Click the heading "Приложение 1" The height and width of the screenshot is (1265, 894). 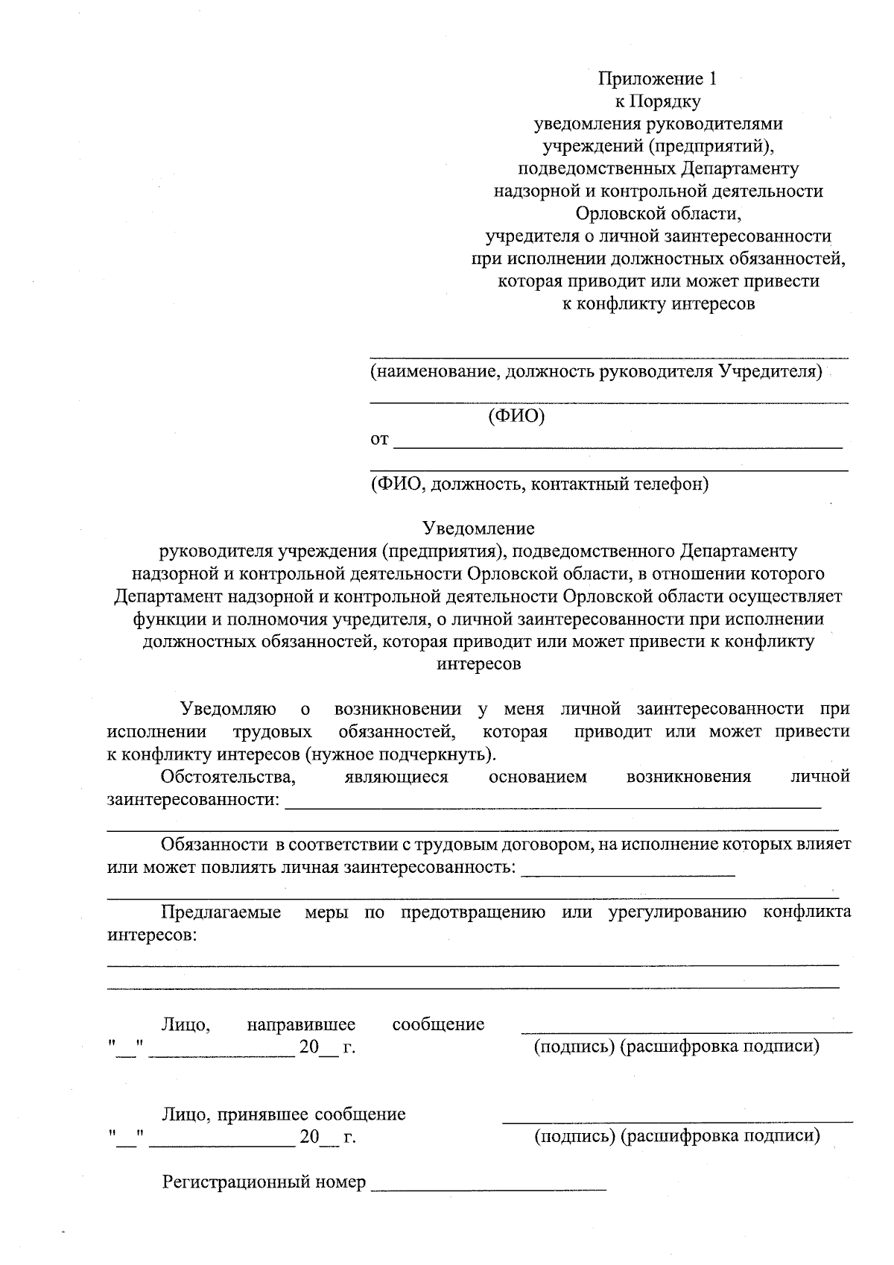point(659,79)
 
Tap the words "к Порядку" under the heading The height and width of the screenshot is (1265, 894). point(659,101)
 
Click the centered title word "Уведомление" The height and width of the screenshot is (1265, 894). point(478,529)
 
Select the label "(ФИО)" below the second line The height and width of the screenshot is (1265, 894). point(516,416)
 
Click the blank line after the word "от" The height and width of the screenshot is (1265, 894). point(617,445)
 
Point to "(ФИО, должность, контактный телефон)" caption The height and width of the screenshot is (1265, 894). point(539,485)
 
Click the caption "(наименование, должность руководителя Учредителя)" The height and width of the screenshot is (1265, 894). point(596,371)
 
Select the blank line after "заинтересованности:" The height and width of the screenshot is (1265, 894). point(553,806)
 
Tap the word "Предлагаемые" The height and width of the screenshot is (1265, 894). point(221,912)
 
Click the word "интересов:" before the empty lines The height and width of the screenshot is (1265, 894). point(153,935)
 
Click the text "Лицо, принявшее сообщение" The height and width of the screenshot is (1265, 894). point(284,1114)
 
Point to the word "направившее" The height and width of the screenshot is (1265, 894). point(301,1024)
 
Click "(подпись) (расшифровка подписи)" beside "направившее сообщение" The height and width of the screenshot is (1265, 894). point(676,1047)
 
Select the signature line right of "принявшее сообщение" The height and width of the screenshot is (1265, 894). point(677,1120)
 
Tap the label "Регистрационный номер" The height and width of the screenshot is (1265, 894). point(264,1182)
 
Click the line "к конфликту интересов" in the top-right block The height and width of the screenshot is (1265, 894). point(659,304)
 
